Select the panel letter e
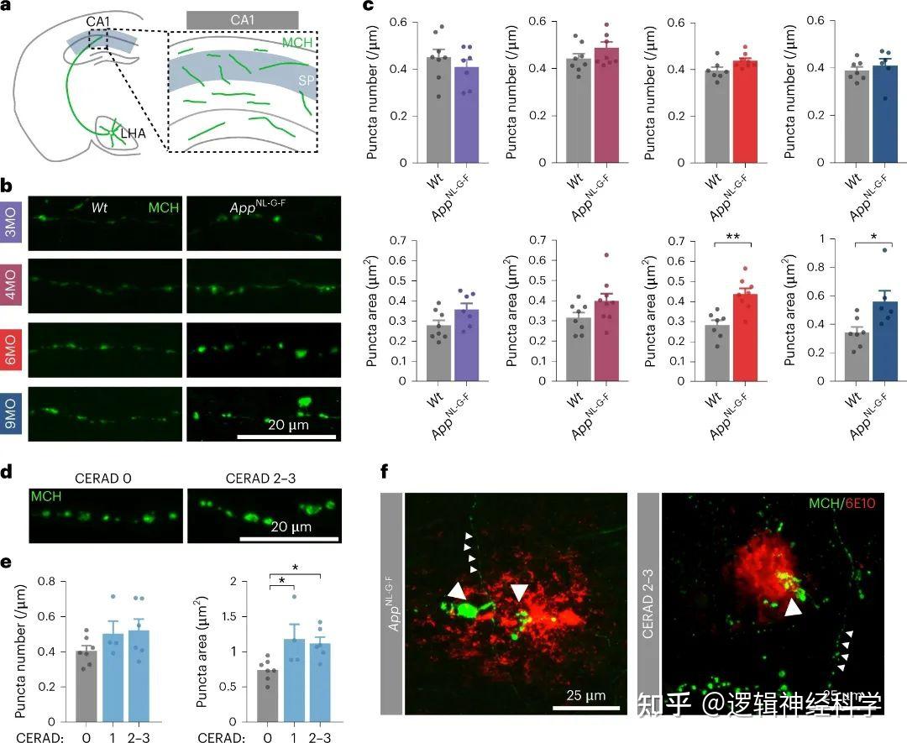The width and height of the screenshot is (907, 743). (6, 562)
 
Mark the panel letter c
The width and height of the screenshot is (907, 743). (367, 6)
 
